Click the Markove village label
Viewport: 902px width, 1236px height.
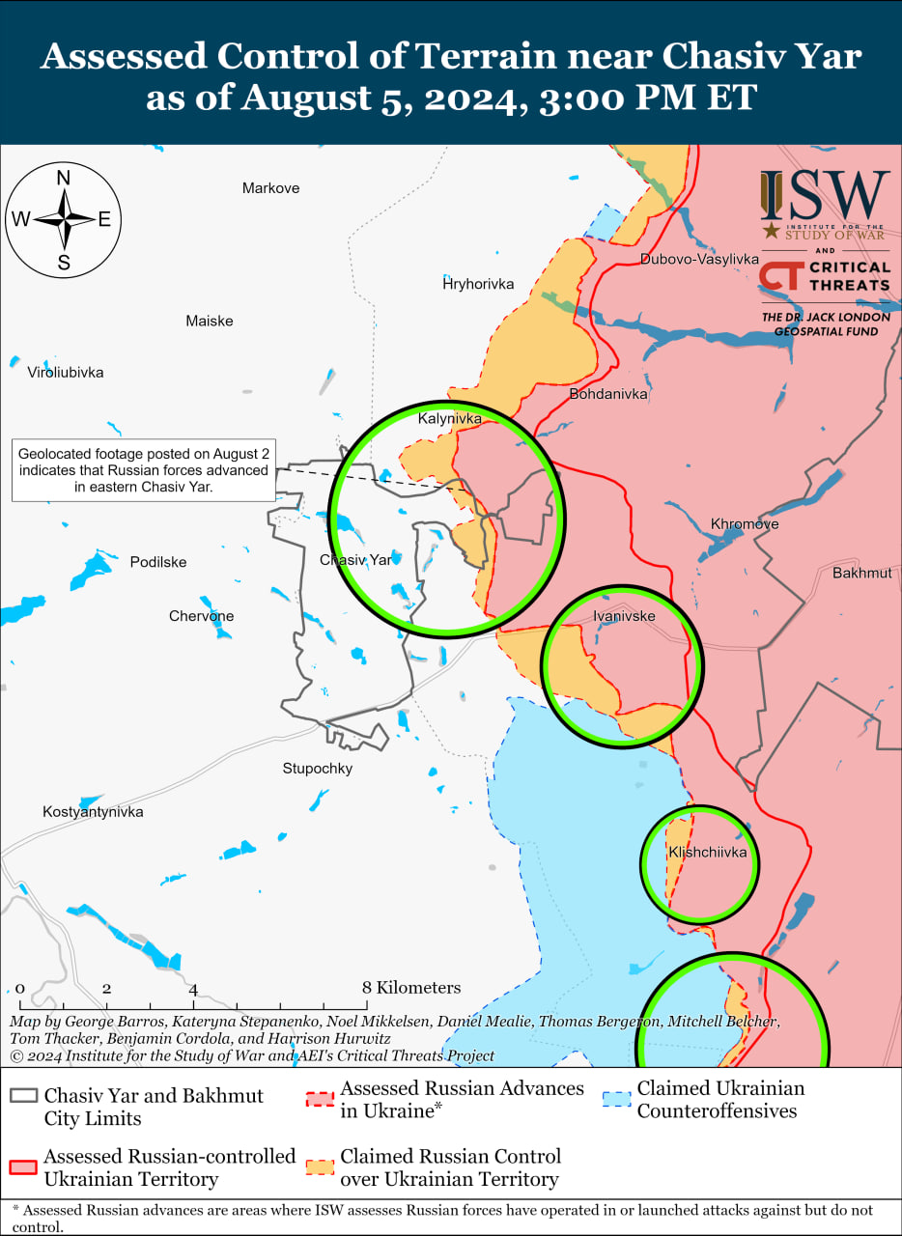click(x=270, y=188)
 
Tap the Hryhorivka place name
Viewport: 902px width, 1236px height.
click(x=478, y=284)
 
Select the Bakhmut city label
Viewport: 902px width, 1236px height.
click(x=861, y=573)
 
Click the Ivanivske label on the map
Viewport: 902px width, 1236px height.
click(x=624, y=616)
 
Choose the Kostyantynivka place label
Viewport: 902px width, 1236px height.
click(x=93, y=812)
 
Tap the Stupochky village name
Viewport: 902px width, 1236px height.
click(x=318, y=769)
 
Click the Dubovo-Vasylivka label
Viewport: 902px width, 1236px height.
click(x=699, y=259)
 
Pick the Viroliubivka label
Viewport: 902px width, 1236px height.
click(x=65, y=372)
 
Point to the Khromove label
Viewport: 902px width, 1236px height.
click(x=745, y=524)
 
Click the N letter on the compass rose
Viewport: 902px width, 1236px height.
click(x=64, y=178)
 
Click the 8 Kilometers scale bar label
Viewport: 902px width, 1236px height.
click(x=411, y=988)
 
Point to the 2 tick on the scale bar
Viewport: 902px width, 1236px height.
click(x=106, y=989)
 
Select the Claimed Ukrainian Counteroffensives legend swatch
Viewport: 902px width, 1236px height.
click(x=614, y=1099)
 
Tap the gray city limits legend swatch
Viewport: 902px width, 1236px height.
click(x=23, y=1096)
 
